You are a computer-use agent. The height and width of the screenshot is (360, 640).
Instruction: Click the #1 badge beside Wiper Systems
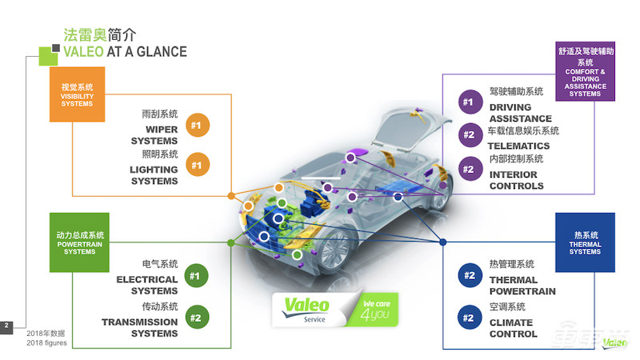pyautogui.click(x=196, y=126)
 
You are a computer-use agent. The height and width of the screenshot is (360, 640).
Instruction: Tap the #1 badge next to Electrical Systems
pyautogui.click(x=194, y=277)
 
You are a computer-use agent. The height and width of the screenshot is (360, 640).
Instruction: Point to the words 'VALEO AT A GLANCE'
pyautogui.click(x=126, y=52)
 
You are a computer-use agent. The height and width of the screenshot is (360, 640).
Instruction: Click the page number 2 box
pyautogui.click(x=6, y=326)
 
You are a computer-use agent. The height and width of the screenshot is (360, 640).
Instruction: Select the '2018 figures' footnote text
pyautogui.click(x=46, y=343)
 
